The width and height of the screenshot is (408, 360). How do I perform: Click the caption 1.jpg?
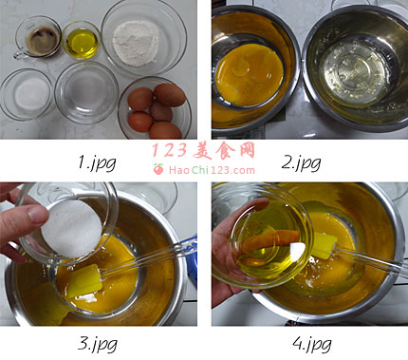pyautogui.click(x=97, y=163)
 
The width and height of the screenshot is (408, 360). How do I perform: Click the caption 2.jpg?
pyautogui.click(x=301, y=163)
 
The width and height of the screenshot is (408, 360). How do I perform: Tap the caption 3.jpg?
pyautogui.click(x=98, y=344)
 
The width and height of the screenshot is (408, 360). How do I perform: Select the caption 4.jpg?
pyautogui.click(x=312, y=344)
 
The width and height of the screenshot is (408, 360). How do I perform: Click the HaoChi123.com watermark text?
pyautogui.click(x=212, y=170)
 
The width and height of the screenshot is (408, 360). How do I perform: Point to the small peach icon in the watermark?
pyautogui.click(x=158, y=169)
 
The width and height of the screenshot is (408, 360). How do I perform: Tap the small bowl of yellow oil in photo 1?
pyautogui.click(x=82, y=40)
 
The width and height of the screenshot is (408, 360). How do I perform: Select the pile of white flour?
pyautogui.click(x=136, y=44)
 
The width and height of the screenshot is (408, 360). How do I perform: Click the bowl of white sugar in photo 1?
pyautogui.click(x=27, y=94)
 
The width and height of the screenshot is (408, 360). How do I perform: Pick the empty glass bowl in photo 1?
pyautogui.click(x=86, y=92)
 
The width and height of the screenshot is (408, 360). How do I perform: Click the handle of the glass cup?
pyautogui.click(x=18, y=54)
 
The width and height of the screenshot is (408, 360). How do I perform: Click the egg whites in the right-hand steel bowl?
pyautogui.click(x=353, y=75)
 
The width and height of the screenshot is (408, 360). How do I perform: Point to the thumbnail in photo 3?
pyautogui.click(x=38, y=214)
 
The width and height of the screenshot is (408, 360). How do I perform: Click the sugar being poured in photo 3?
pyautogui.click(x=72, y=229)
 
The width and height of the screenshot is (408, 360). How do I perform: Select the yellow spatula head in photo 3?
pyautogui.click(x=84, y=281)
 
